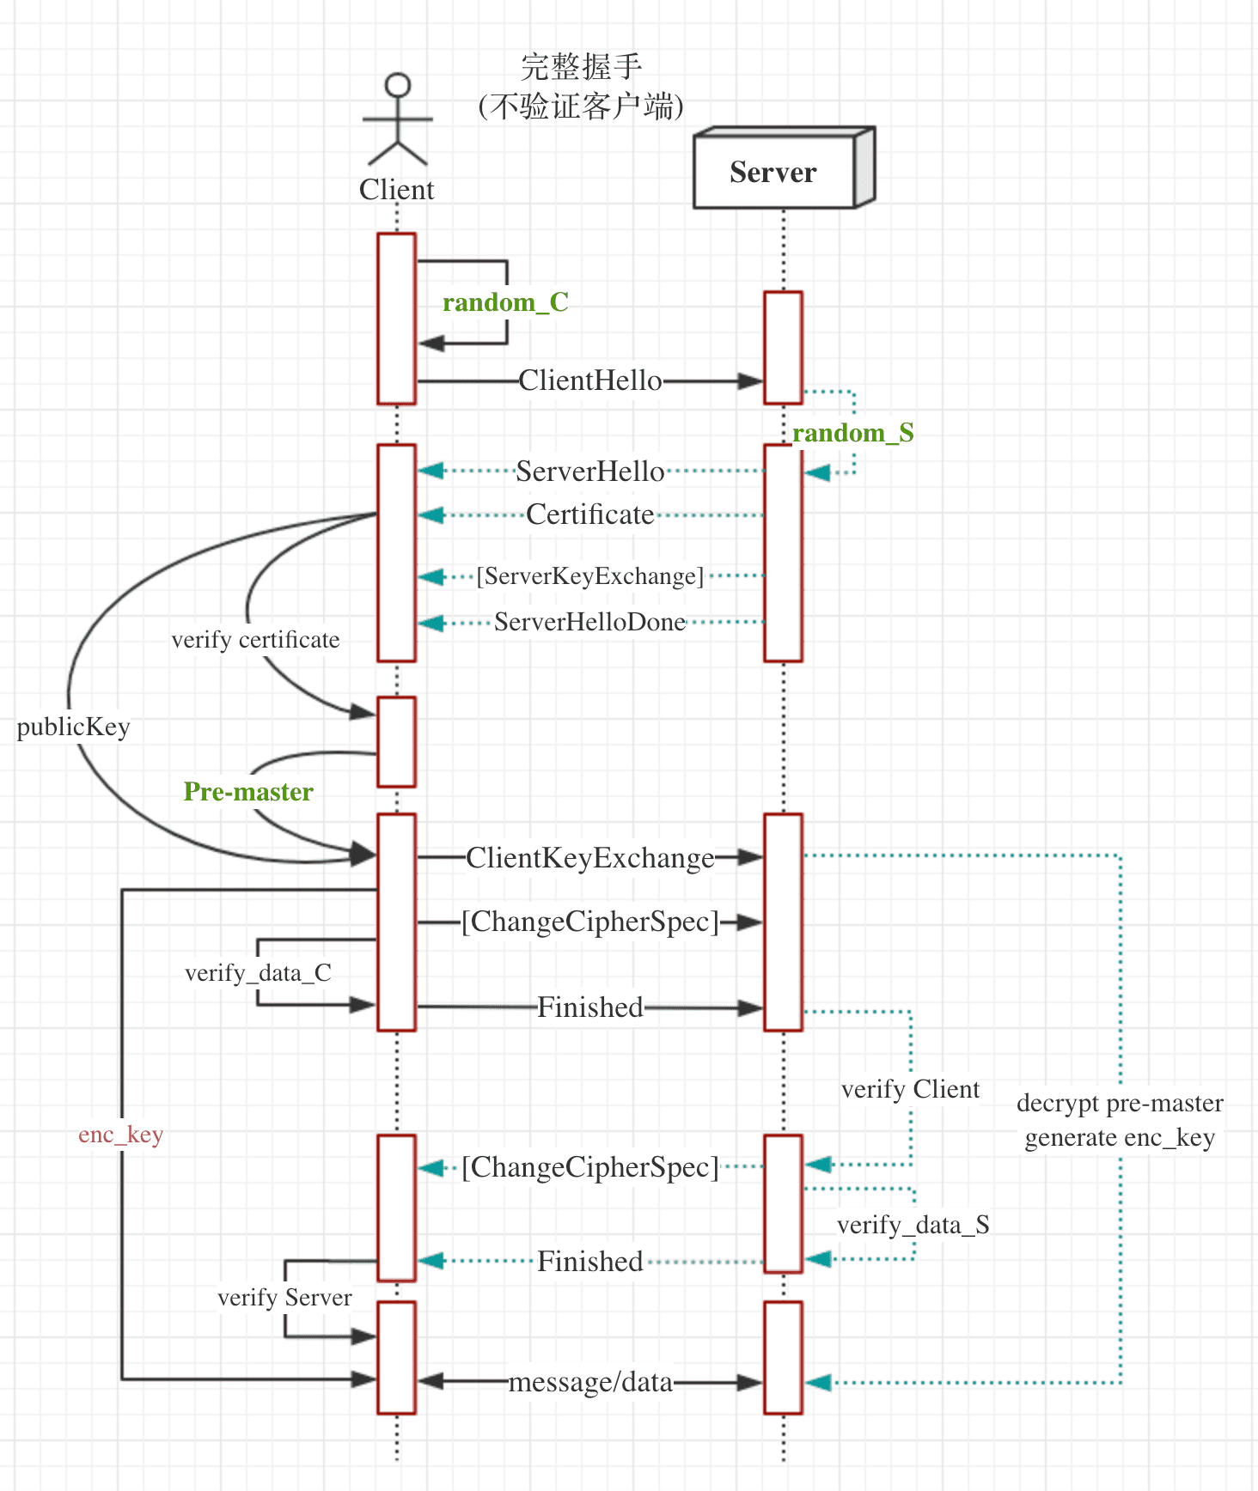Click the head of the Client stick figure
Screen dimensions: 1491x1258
(397, 85)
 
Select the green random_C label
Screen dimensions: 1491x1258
(505, 302)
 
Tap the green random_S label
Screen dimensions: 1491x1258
(852, 433)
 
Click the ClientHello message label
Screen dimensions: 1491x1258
(590, 380)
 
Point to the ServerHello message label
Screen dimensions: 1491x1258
(590, 472)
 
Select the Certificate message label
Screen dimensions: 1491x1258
(590, 514)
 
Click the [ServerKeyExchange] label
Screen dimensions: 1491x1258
(590, 575)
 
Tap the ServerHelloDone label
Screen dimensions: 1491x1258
(590, 622)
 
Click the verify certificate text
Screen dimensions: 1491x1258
(255, 640)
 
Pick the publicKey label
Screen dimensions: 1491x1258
(73, 727)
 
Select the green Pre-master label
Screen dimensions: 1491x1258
(248, 791)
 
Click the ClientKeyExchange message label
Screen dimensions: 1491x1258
(590, 858)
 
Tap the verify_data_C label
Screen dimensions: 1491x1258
(258, 973)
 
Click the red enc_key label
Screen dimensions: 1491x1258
(120, 1135)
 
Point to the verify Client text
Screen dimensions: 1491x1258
(910, 1089)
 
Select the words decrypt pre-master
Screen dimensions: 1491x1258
(1120, 1103)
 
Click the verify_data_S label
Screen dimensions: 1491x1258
(913, 1225)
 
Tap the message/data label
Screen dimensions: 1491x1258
(590, 1382)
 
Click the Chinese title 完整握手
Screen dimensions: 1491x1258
(582, 67)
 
